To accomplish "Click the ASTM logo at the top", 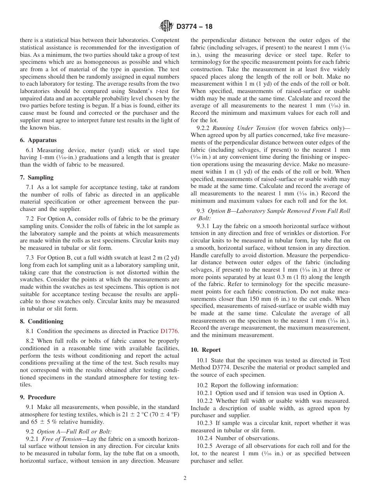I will [x=166, y=26].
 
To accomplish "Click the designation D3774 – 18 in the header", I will [x=194, y=27].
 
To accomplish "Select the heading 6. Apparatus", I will [x=38, y=140].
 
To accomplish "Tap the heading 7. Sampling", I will [x=37, y=177].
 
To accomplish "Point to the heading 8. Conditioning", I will [x=41, y=321].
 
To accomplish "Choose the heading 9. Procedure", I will [x=38, y=397].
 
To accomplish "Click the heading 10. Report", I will [x=206, y=350].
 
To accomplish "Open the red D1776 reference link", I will [x=169, y=331].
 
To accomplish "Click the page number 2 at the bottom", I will [x=185, y=478].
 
